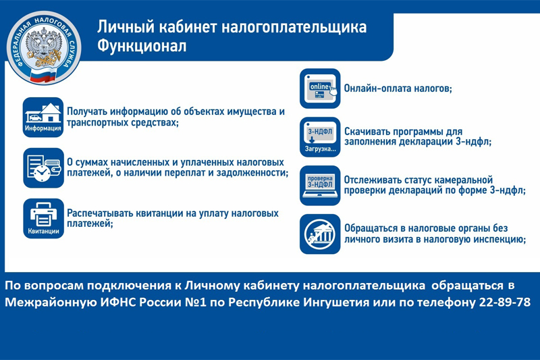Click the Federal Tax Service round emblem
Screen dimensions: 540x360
pos(44,47)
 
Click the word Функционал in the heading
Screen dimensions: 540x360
pos(142,46)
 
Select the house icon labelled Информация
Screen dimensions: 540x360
pos(43,117)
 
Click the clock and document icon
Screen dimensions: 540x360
pos(43,168)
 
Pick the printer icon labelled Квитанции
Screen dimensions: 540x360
pos(43,218)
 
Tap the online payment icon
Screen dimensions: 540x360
pos(320,88)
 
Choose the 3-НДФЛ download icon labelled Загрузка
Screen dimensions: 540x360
pos(320,137)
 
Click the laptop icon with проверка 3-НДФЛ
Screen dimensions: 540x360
pos(320,186)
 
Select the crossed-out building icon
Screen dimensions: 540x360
pos(320,234)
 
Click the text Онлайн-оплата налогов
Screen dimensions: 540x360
pos(398,88)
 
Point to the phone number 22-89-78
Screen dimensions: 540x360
pos(505,302)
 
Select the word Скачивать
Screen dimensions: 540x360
pos(367,132)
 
